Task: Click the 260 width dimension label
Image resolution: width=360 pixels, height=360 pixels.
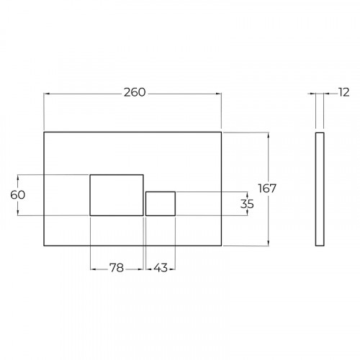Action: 135,92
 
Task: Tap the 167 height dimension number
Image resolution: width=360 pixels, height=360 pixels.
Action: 267,189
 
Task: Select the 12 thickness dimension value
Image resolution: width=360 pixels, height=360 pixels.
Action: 343,92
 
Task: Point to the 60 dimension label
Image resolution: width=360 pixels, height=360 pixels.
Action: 18,195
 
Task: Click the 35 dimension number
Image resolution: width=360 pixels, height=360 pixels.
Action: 247,204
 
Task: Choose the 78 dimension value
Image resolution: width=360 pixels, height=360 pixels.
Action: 117,268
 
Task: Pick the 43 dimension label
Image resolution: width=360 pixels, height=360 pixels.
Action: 161,268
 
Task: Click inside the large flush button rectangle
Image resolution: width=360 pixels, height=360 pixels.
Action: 117,195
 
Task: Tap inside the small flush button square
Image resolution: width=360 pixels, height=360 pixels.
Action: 161,204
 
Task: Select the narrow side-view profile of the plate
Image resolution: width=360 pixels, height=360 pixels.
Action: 320,189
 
